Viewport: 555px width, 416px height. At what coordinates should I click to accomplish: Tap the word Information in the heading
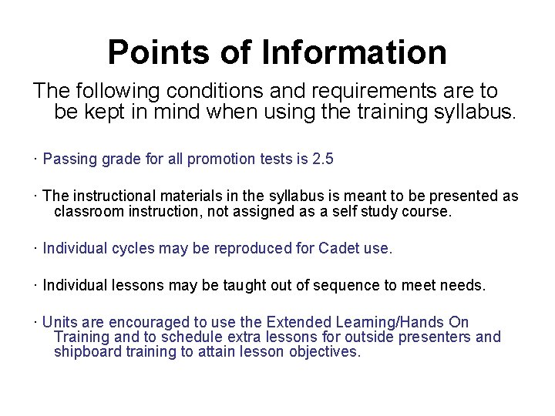[x=355, y=53]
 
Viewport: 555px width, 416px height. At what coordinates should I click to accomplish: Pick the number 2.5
[x=323, y=159]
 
